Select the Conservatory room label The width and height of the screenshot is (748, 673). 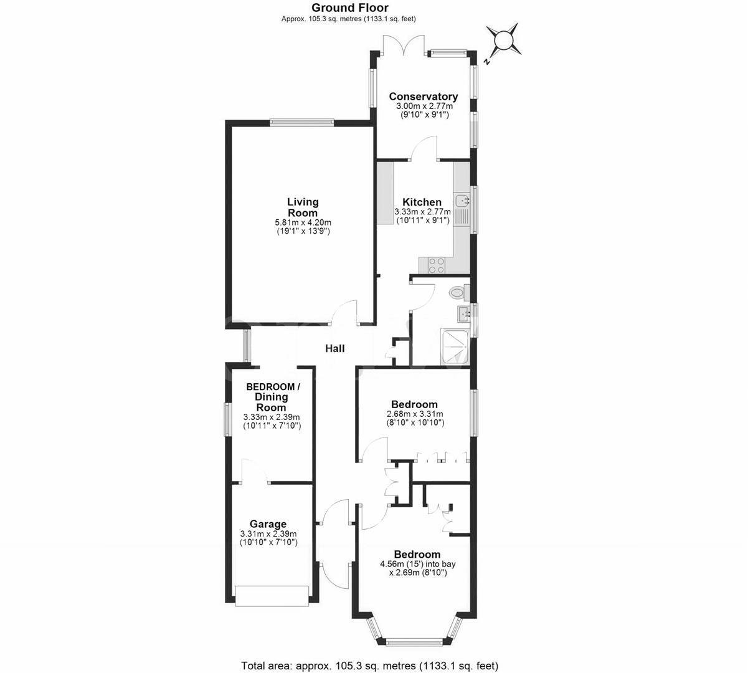(x=424, y=97)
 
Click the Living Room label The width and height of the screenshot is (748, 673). (x=303, y=207)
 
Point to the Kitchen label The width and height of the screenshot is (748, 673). (x=422, y=202)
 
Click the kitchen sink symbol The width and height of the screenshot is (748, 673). (x=462, y=201)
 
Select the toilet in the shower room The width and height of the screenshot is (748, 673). (x=457, y=291)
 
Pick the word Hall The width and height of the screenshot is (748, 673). (x=334, y=349)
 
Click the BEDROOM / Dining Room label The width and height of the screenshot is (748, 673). (x=273, y=397)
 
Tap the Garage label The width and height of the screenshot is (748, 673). (x=268, y=524)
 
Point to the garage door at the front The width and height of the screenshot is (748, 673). (x=272, y=596)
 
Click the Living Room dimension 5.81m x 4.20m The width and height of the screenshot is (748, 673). (x=303, y=222)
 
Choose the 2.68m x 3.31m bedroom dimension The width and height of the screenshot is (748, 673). (x=414, y=414)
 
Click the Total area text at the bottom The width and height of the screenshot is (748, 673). (x=369, y=665)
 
